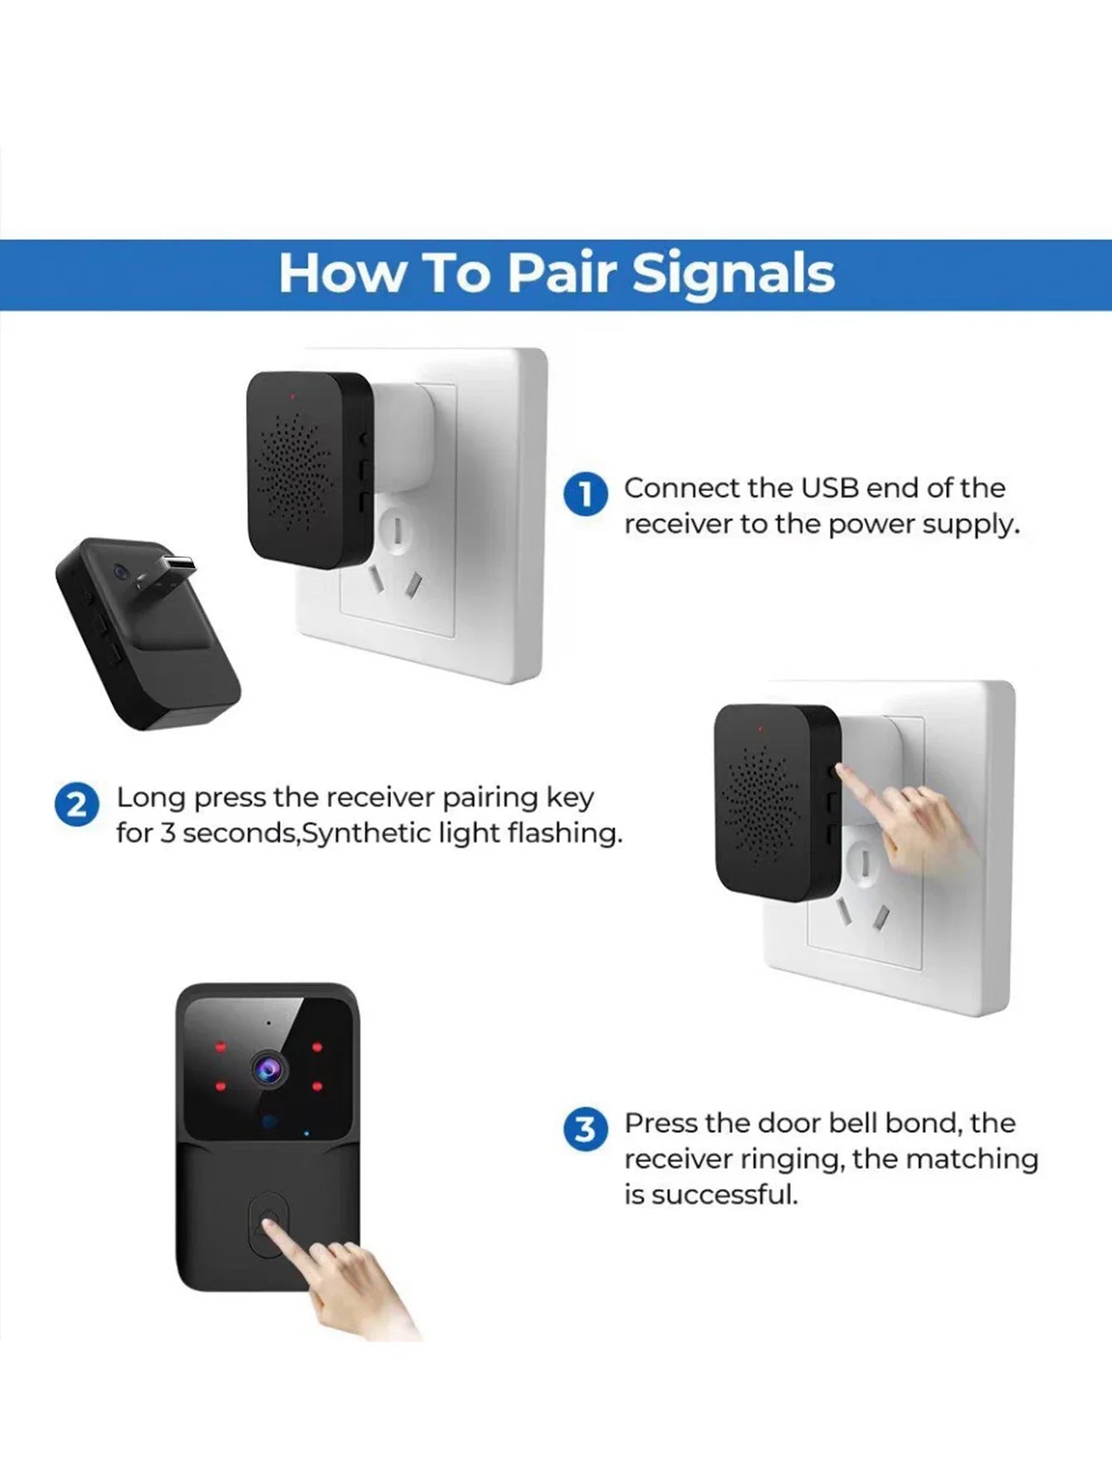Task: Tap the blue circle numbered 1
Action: point(586,494)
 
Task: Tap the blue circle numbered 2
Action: point(76,806)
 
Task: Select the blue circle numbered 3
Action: point(586,1129)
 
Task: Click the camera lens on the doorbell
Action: point(268,1069)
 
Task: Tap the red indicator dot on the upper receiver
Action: point(291,396)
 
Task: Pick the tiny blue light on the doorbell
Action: point(306,1133)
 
